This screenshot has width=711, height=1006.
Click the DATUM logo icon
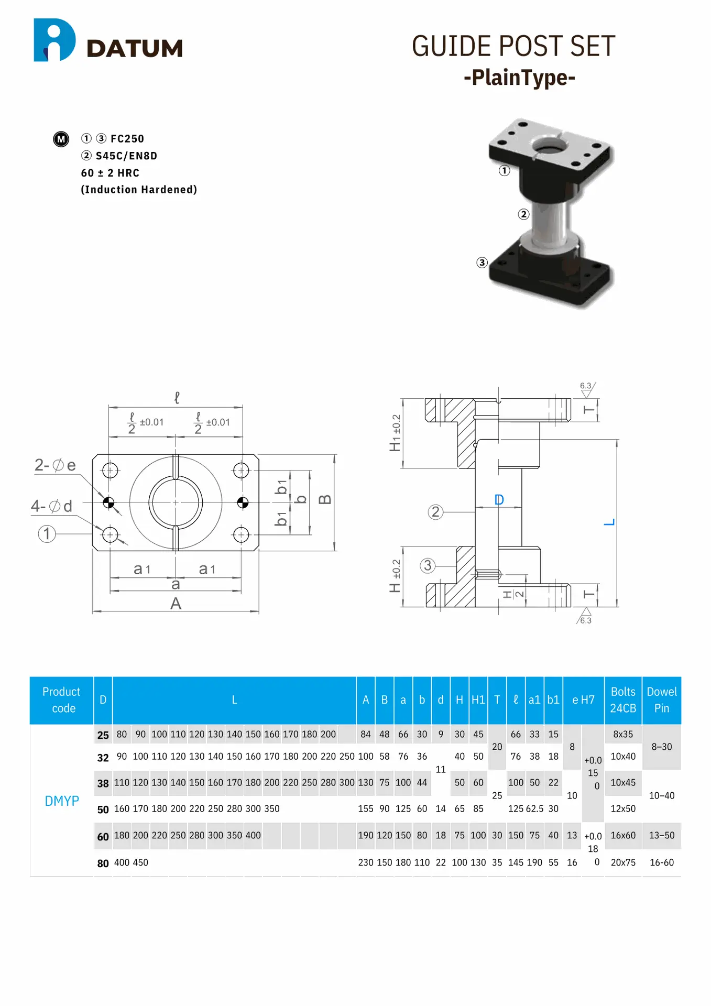pyautogui.click(x=54, y=40)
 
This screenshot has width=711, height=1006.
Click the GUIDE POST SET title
pyautogui.click(x=513, y=46)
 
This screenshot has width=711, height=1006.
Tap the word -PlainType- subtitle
pyautogui.click(x=519, y=78)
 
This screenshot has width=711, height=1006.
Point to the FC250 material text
pyautogui.click(x=127, y=139)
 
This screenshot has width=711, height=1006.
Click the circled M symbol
pyautogui.click(x=61, y=139)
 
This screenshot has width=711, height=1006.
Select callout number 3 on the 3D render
pyautogui.click(x=482, y=263)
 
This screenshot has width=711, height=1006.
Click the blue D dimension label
pyautogui.click(x=499, y=500)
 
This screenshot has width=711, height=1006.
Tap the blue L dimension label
pyautogui.click(x=609, y=522)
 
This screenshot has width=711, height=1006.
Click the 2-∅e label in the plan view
pyautogui.click(x=55, y=465)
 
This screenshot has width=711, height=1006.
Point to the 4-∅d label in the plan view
pyautogui.click(x=51, y=506)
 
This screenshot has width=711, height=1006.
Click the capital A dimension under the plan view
pyautogui.click(x=176, y=604)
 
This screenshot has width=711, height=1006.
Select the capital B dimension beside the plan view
pyautogui.click(x=325, y=499)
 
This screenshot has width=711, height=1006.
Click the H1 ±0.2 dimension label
pyautogui.click(x=396, y=433)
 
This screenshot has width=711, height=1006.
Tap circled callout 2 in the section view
pyautogui.click(x=435, y=512)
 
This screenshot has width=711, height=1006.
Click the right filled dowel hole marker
pyautogui.click(x=243, y=503)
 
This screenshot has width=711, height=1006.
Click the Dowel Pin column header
pyautogui.click(x=661, y=700)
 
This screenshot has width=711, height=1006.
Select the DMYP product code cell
pyautogui.click(x=62, y=801)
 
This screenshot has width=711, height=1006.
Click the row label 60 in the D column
pyautogui.click(x=103, y=837)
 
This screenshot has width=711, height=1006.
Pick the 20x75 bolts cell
pyautogui.click(x=623, y=862)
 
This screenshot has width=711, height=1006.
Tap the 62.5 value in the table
pyautogui.click(x=534, y=809)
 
